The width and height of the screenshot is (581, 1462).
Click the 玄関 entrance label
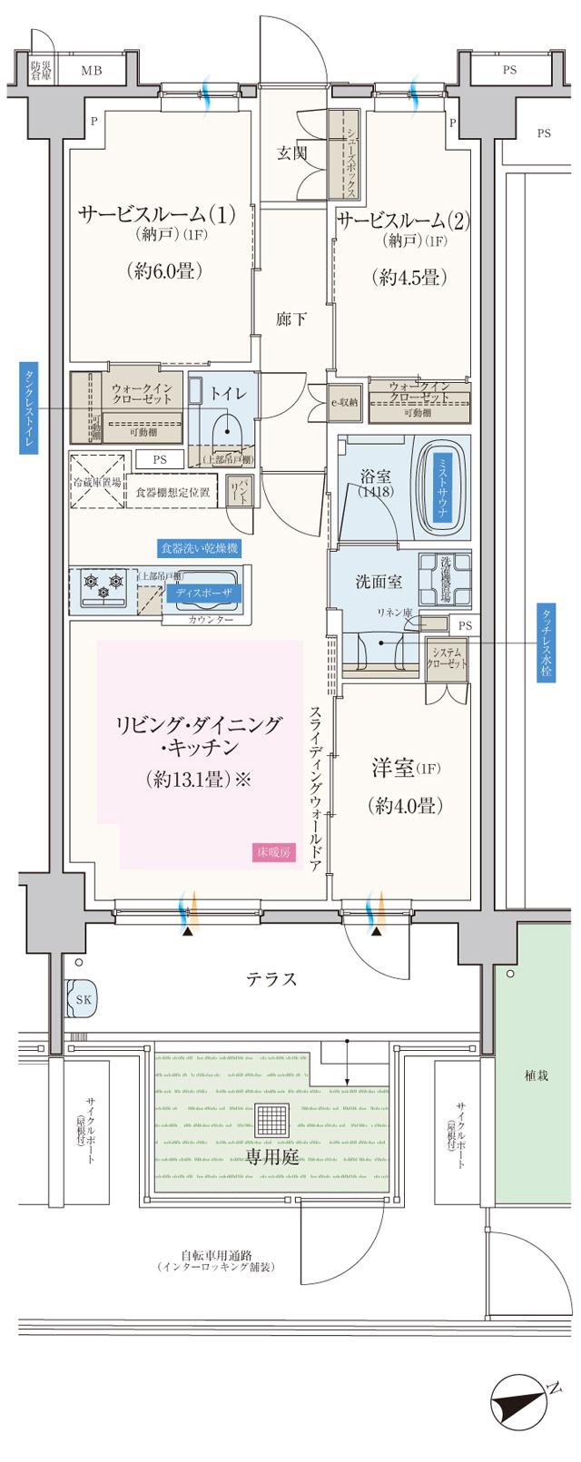[290, 153]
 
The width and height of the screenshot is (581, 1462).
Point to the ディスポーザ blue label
[203, 592]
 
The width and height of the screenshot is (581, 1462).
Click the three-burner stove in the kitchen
[103, 587]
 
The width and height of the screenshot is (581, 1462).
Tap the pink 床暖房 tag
[273, 853]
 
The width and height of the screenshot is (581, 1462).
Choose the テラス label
[271, 979]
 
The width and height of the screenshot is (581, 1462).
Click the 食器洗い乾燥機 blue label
[199, 548]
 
